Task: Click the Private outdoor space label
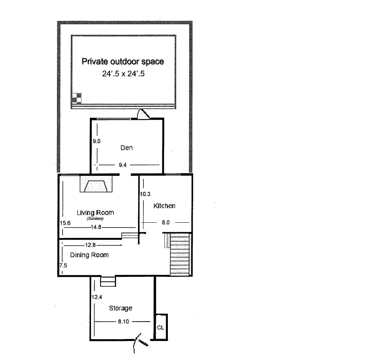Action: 122,62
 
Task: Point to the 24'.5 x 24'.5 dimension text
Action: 122,73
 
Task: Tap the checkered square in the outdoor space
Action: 76,97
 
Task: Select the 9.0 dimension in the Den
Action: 96,140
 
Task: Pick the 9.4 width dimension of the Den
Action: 122,165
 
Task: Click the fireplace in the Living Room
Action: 96,185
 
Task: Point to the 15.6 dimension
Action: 65,223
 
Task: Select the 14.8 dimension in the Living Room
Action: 95,227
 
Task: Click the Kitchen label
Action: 164,206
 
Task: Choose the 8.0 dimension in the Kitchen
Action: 166,223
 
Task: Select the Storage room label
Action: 120,308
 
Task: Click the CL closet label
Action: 161,328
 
